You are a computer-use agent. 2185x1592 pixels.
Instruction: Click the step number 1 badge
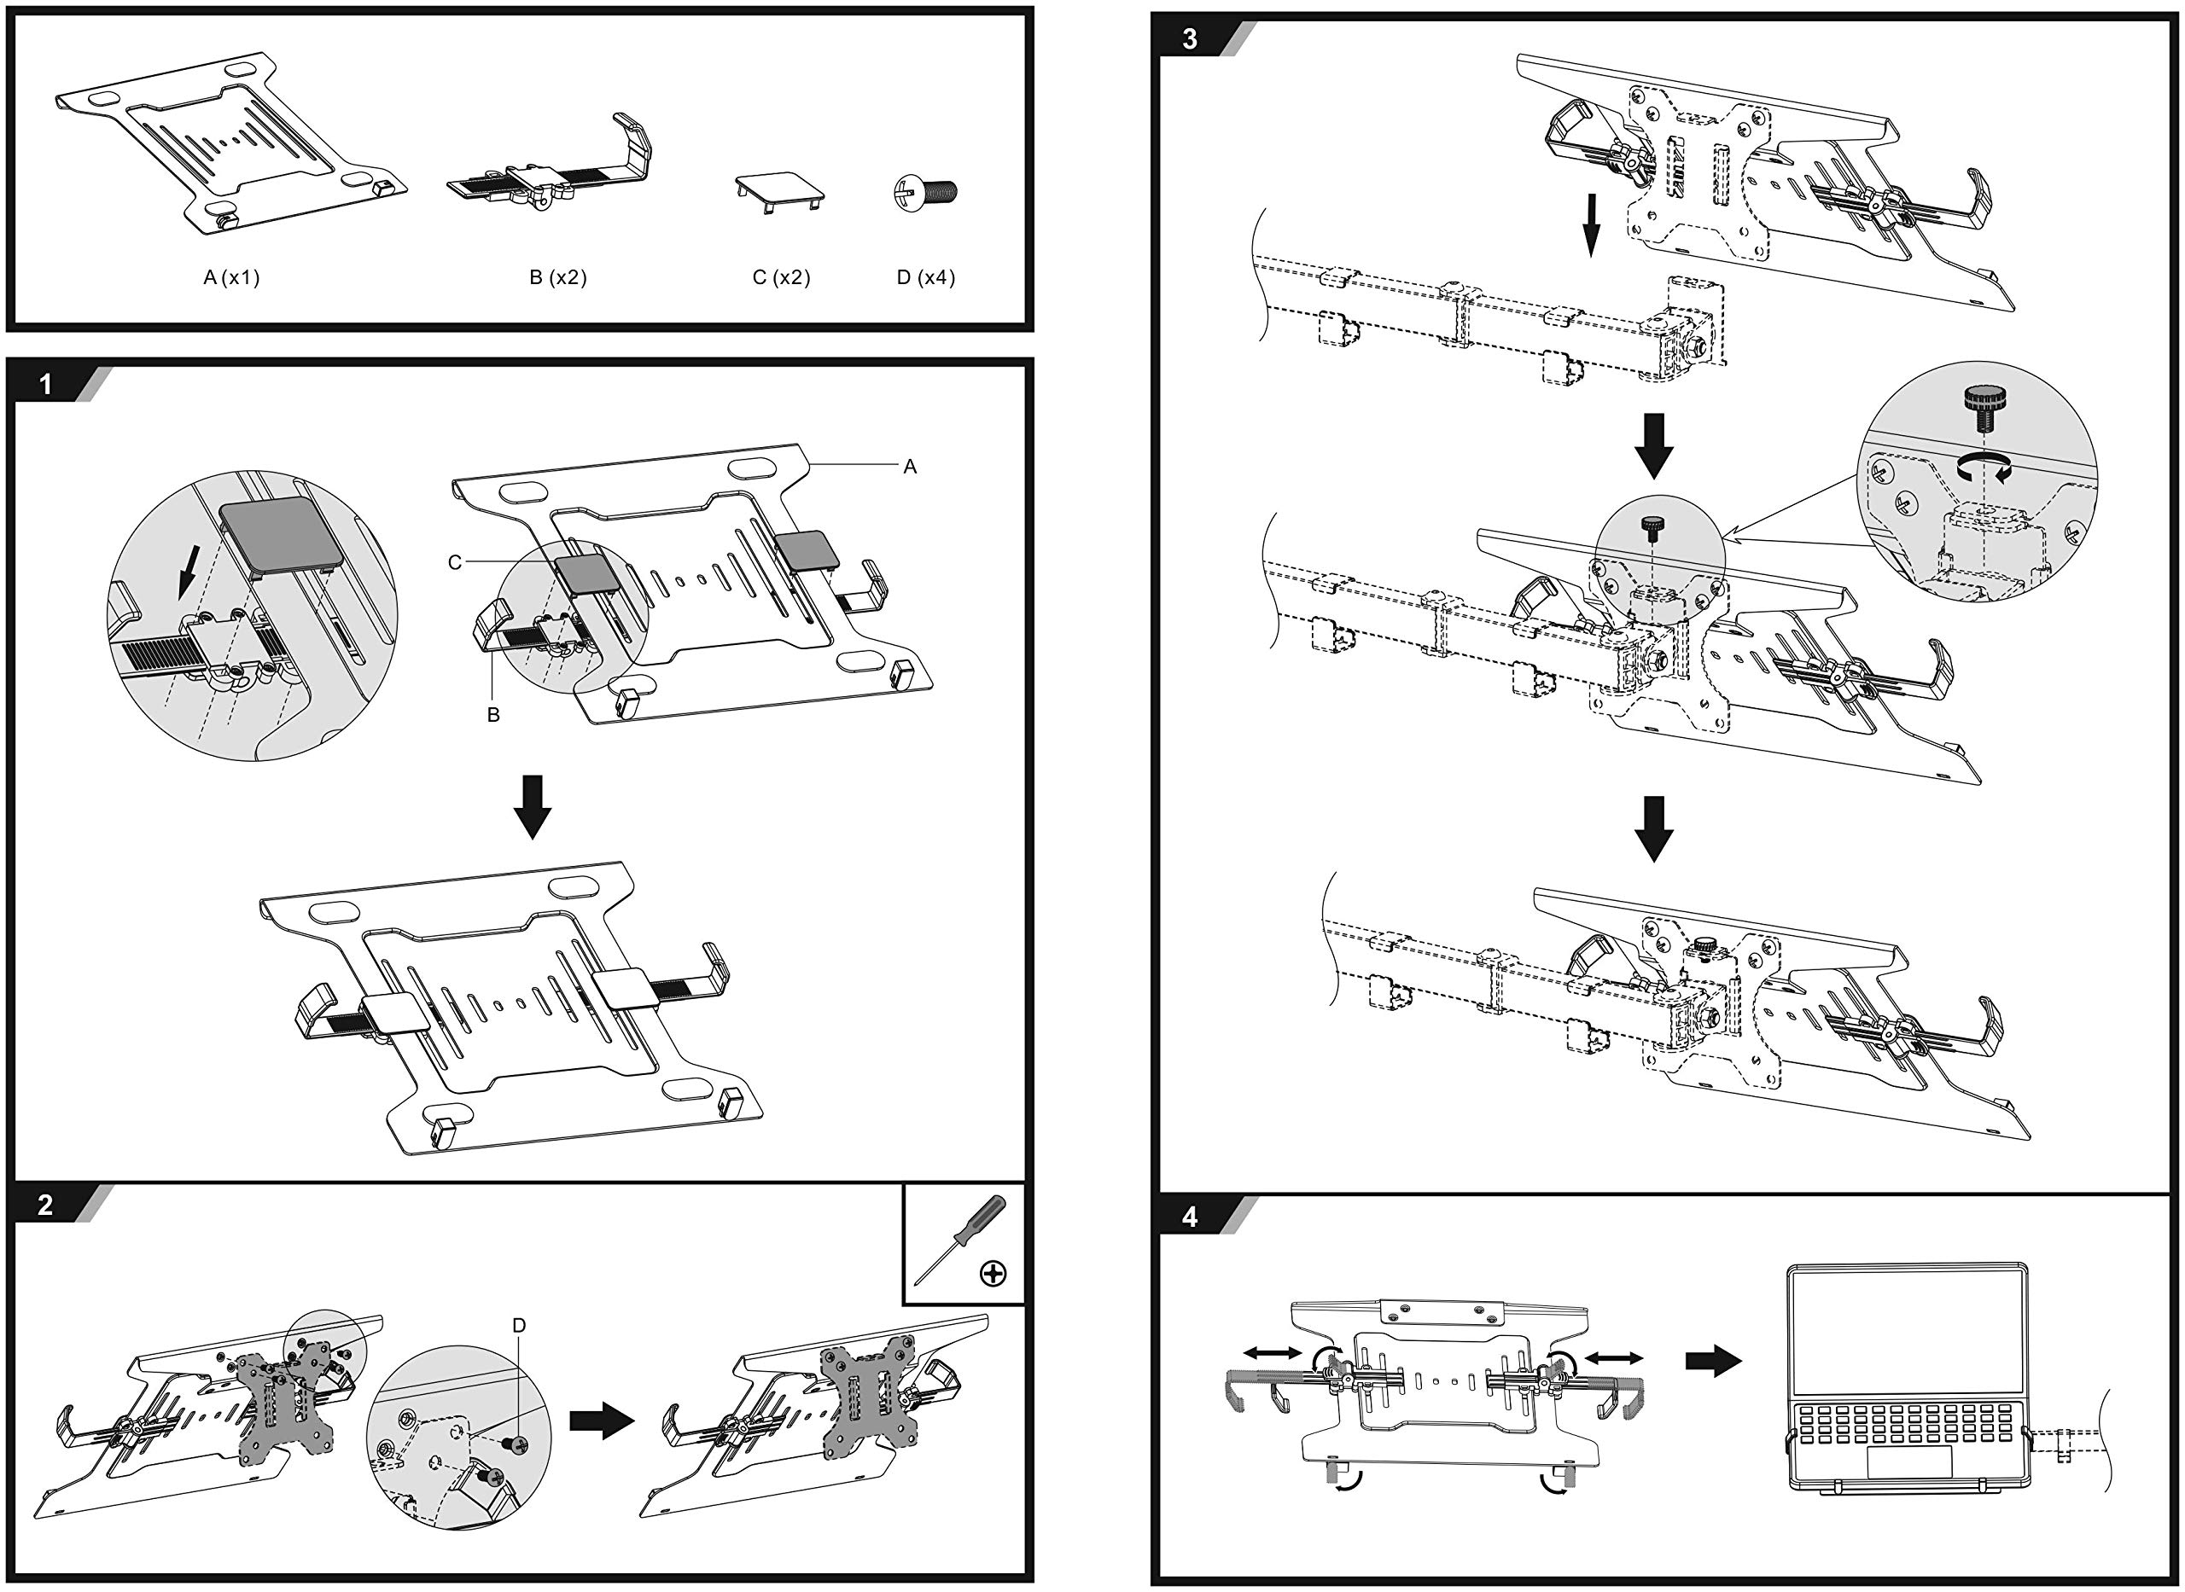click(45, 385)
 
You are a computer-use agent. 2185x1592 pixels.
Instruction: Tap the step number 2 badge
click(45, 1205)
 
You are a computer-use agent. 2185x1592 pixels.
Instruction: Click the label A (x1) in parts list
click(231, 277)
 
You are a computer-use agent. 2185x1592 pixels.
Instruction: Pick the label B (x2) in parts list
click(558, 277)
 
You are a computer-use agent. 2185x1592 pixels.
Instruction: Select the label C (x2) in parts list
click(782, 277)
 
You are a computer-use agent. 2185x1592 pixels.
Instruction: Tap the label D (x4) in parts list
click(926, 277)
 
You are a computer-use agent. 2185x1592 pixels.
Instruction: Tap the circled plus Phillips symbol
click(993, 1273)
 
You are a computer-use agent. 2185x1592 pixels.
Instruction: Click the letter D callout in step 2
click(520, 1325)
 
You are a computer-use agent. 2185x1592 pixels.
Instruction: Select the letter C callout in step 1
click(455, 562)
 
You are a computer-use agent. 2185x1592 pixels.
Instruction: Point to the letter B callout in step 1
click(493, 715)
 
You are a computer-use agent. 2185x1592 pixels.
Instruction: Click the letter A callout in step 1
click(910, 467)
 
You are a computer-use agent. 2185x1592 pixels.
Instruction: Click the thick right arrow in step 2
click(603, 1421)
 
